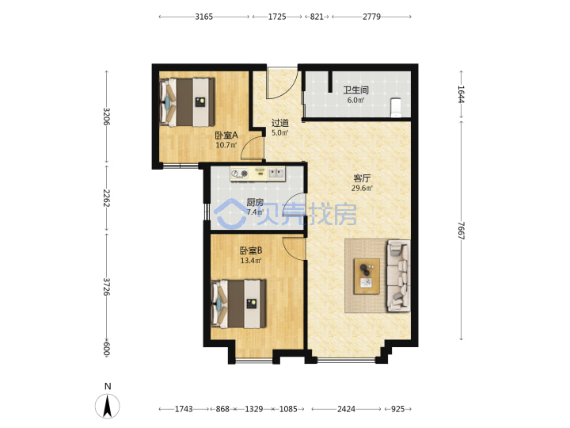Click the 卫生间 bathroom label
356,90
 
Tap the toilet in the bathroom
395,107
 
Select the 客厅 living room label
362,178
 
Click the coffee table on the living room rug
367,277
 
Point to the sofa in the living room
398,276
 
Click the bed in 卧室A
187,102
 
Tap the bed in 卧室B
238,304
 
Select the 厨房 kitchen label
255,202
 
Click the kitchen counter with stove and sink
258,174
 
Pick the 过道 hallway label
280,123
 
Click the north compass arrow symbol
107,406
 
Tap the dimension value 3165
204,17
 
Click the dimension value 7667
461,231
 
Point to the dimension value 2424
346,409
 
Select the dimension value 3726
106,287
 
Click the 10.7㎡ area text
226,145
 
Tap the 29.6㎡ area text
362,189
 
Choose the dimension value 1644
461,94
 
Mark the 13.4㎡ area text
251,261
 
